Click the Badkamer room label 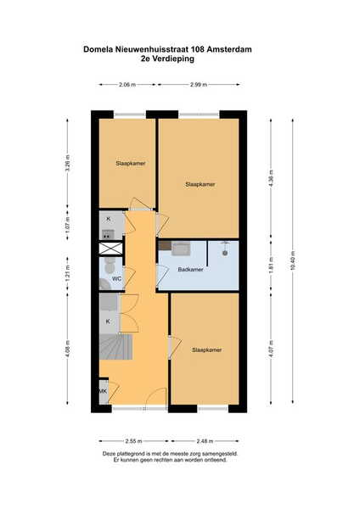pos(190,270)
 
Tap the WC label pos(116,279)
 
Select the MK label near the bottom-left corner pos(103,391)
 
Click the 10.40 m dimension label pos(293,260)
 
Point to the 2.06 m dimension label pos(127,84)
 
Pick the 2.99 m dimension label pos(199,84)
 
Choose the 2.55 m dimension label pos(133,441)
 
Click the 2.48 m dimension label pos(205,441)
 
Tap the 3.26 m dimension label pos(68,163)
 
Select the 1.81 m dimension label pos(271,266)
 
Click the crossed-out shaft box pos(110,249)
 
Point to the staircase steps pos(116,347)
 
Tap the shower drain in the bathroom pos(225,253)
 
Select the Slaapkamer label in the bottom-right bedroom pos(206,350)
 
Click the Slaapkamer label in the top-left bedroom pos(130,163)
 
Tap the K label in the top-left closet pos(108,219)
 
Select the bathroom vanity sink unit pos(181,249)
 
